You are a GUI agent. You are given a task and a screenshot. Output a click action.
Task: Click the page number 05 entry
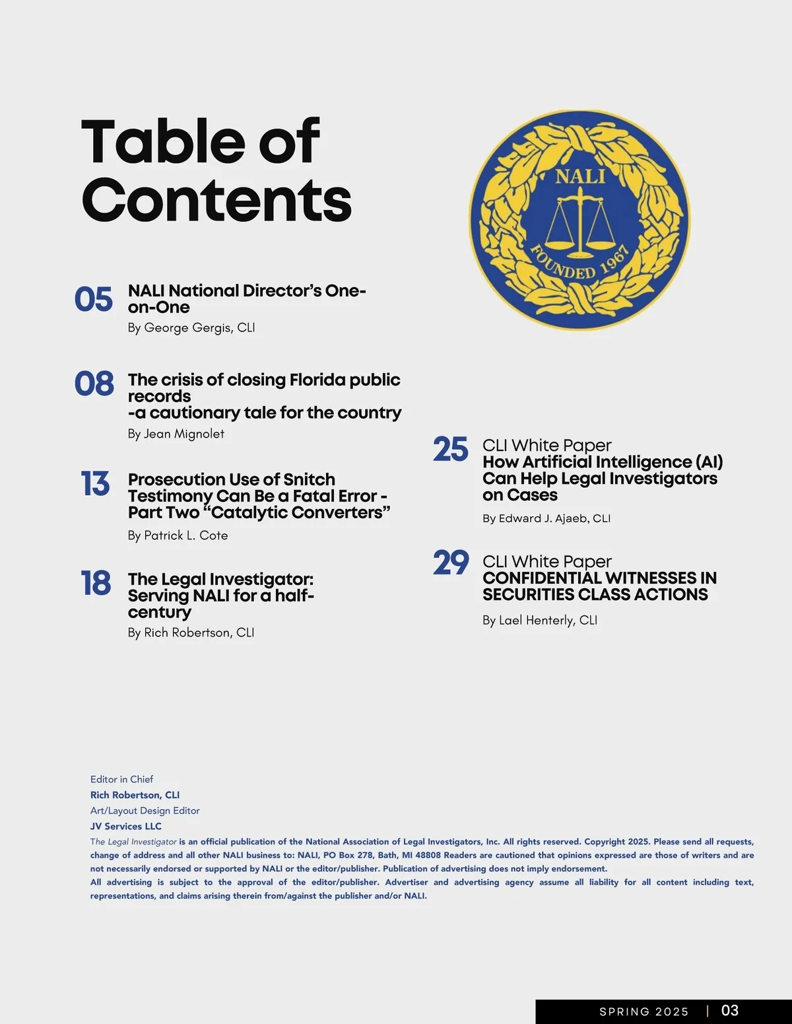pyautogui.click(x=94, y=299)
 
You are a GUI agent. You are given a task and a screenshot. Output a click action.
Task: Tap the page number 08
pyautogui.click(x=94, y=384)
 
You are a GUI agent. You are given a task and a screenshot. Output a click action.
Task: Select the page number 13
pyautogui.click(x=95, y=484)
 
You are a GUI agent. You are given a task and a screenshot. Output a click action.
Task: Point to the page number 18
pyautogui.click(x=96, y=584)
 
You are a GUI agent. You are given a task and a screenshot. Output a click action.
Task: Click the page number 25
pyautogui.click(x=451, y=450)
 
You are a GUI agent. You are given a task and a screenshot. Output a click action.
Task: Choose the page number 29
pyautogui.click(x=451, y=563)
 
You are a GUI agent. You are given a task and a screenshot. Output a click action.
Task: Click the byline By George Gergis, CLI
pyautogui.click(x=191, y=327)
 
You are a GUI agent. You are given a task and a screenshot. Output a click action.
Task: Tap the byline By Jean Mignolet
pyautogui.click(x=176, y=434)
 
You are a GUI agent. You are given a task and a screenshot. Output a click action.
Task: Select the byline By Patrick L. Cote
pyautogui.click(x=178, y=535)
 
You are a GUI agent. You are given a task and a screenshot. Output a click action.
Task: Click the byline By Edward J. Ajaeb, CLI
pyautogui.click(x=546, y=518)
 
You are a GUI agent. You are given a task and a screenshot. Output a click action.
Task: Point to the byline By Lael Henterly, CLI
pyautogui.click(x=540, y=620)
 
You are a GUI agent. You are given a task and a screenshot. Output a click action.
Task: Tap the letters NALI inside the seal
pyautogui.click(x=580, y=176)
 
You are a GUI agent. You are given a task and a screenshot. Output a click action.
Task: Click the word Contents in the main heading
pyautogui.click(x=216, y=200)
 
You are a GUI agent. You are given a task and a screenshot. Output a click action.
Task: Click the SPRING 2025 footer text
pyautogui.click(x=643, y=1011)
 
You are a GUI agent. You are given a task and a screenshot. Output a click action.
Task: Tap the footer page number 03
pyautogui.click(x=730, y=1010)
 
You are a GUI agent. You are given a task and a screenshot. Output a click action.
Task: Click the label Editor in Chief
pyautogui.click(x=122, y=779)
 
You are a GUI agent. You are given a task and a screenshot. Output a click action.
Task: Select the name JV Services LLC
pyautogui.click(x=126, y=826)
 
